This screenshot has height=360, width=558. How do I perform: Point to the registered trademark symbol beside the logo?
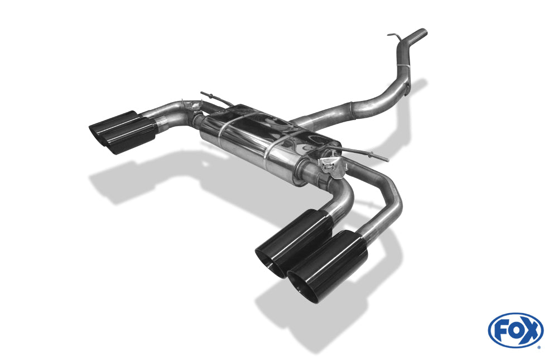pyautogui.click(x=539, y=347)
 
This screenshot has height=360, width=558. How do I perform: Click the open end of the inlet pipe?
pyautogui.click(x=423, y=32)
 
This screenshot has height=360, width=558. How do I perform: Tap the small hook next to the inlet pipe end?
pyautogui.click(x=394, y=36)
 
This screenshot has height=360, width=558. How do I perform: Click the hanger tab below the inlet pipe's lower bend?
pyautogui.click(x=406, y=92)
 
